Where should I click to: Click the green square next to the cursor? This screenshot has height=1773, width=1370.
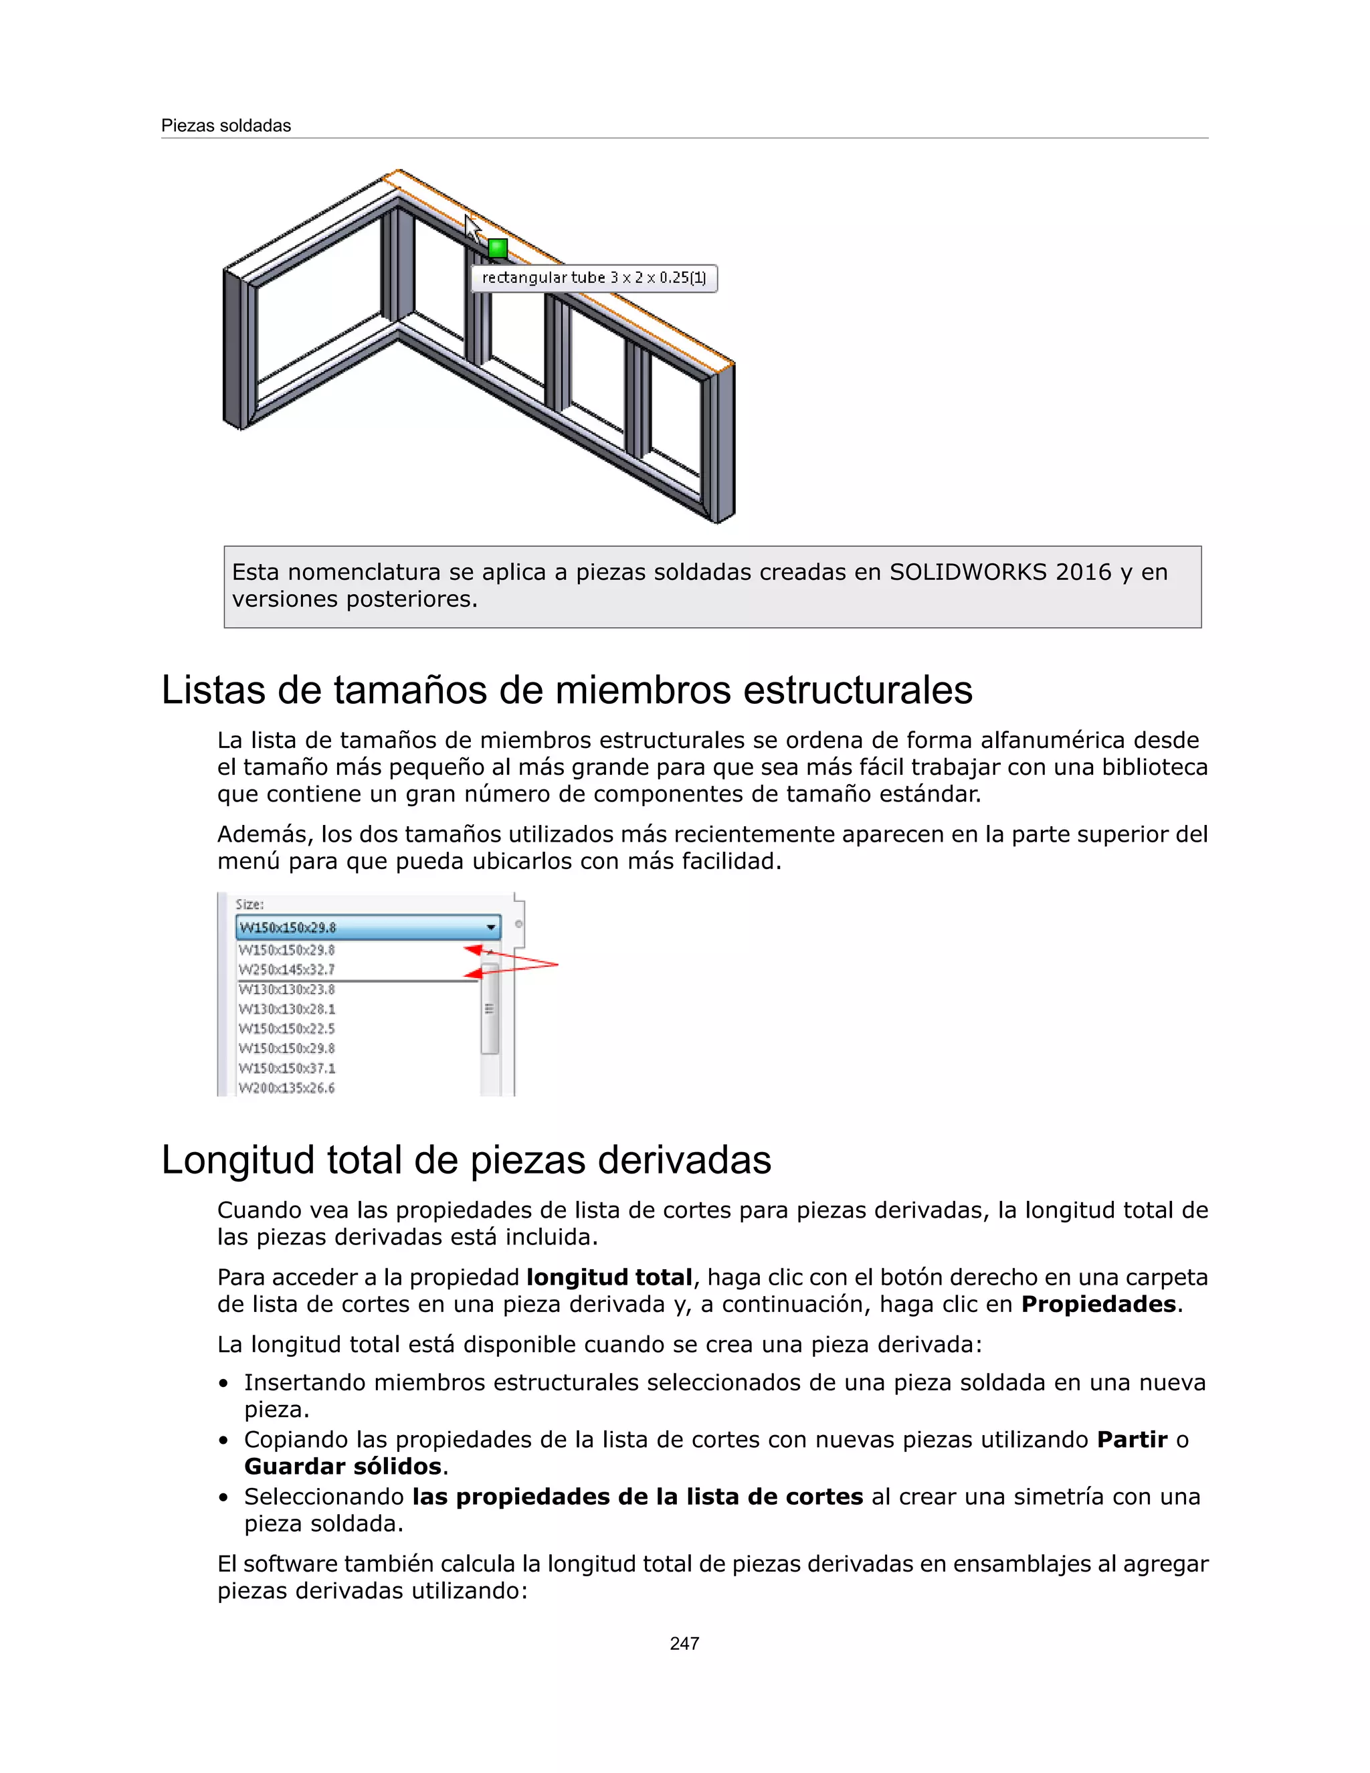tap(498, 248)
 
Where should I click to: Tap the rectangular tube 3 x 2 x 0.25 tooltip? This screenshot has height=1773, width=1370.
tap(593, 278)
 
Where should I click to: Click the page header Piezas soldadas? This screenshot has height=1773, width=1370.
tap(225, 126)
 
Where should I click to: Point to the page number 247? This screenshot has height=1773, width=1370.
tap(684, 1643)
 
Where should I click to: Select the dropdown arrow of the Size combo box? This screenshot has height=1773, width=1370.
tap(491, 927)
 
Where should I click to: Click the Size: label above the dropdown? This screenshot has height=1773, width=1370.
tap(249, 905)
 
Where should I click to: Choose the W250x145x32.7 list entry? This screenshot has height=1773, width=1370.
tap(286, 969)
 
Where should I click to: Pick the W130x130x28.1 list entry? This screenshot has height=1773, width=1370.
tap(286, 1009)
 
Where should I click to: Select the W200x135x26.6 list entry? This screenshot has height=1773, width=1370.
tap(286, 1088)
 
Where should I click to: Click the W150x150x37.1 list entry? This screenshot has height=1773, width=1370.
tap(286, 1068)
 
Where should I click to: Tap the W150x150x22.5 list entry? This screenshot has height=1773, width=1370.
tap(286, 1028)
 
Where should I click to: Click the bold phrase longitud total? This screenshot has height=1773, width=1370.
tap(609, 1277)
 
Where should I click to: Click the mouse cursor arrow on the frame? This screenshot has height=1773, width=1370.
tap(472, 227)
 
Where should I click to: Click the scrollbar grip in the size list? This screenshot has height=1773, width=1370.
tap(488, 1009)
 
